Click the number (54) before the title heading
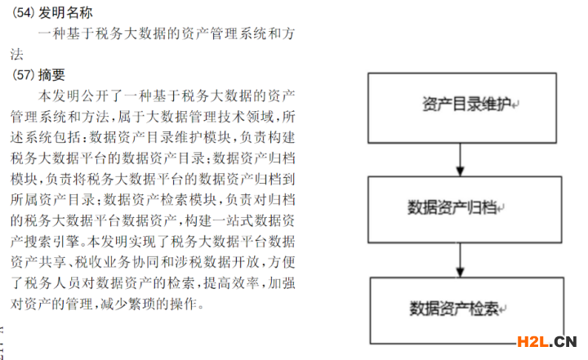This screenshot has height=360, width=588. tap(23, 13)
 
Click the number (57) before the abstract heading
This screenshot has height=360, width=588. tap(23, 74)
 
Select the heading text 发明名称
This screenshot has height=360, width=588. tap(65, 13)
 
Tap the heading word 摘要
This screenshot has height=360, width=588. tap(51, 74)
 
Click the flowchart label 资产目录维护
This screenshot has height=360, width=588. tap(466, 104)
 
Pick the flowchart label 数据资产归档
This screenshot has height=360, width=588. tap(452, 207)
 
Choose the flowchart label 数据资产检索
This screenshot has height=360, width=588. tap(454, 309)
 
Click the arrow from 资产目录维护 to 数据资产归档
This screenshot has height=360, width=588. tap(460, 160)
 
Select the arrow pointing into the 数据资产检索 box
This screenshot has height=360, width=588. tap(460, 260)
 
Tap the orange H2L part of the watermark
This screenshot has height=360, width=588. tap(532, 341)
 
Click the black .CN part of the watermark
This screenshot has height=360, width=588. tap(563, 341)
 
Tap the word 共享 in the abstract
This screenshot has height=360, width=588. tap(51, 262)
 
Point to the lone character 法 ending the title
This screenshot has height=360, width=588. tap(17, 55)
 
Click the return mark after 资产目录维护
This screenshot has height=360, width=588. tap(515, 105)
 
